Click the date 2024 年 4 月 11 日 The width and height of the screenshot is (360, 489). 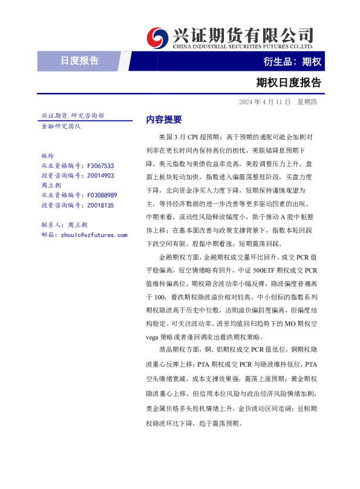(264, 101)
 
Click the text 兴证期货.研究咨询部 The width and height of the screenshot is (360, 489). (72, 115)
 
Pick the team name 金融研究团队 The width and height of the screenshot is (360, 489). (61, 126)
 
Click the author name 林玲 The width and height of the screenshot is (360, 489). (47, 156)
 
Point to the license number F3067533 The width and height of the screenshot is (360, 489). (100, 165)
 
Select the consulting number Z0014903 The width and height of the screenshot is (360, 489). (100, 176)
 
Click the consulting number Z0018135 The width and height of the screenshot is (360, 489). (100, 205)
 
